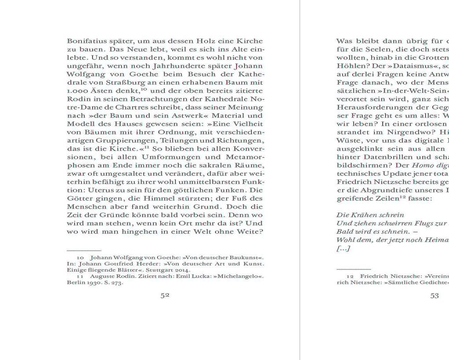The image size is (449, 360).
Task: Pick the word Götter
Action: point(78,198)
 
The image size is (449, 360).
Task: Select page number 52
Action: point(165,296)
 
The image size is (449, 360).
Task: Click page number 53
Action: point(434,296)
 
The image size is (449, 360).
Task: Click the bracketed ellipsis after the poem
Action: point(343,248)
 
